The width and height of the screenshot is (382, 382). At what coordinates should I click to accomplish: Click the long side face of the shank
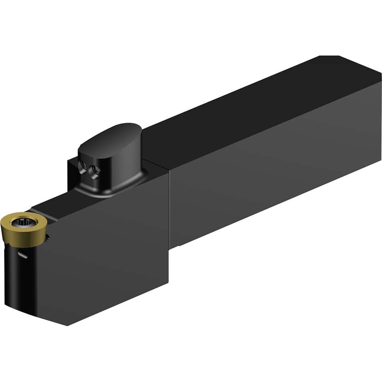tap(275, 172)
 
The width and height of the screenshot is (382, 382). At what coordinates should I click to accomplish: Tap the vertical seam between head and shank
tap(169, 214)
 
